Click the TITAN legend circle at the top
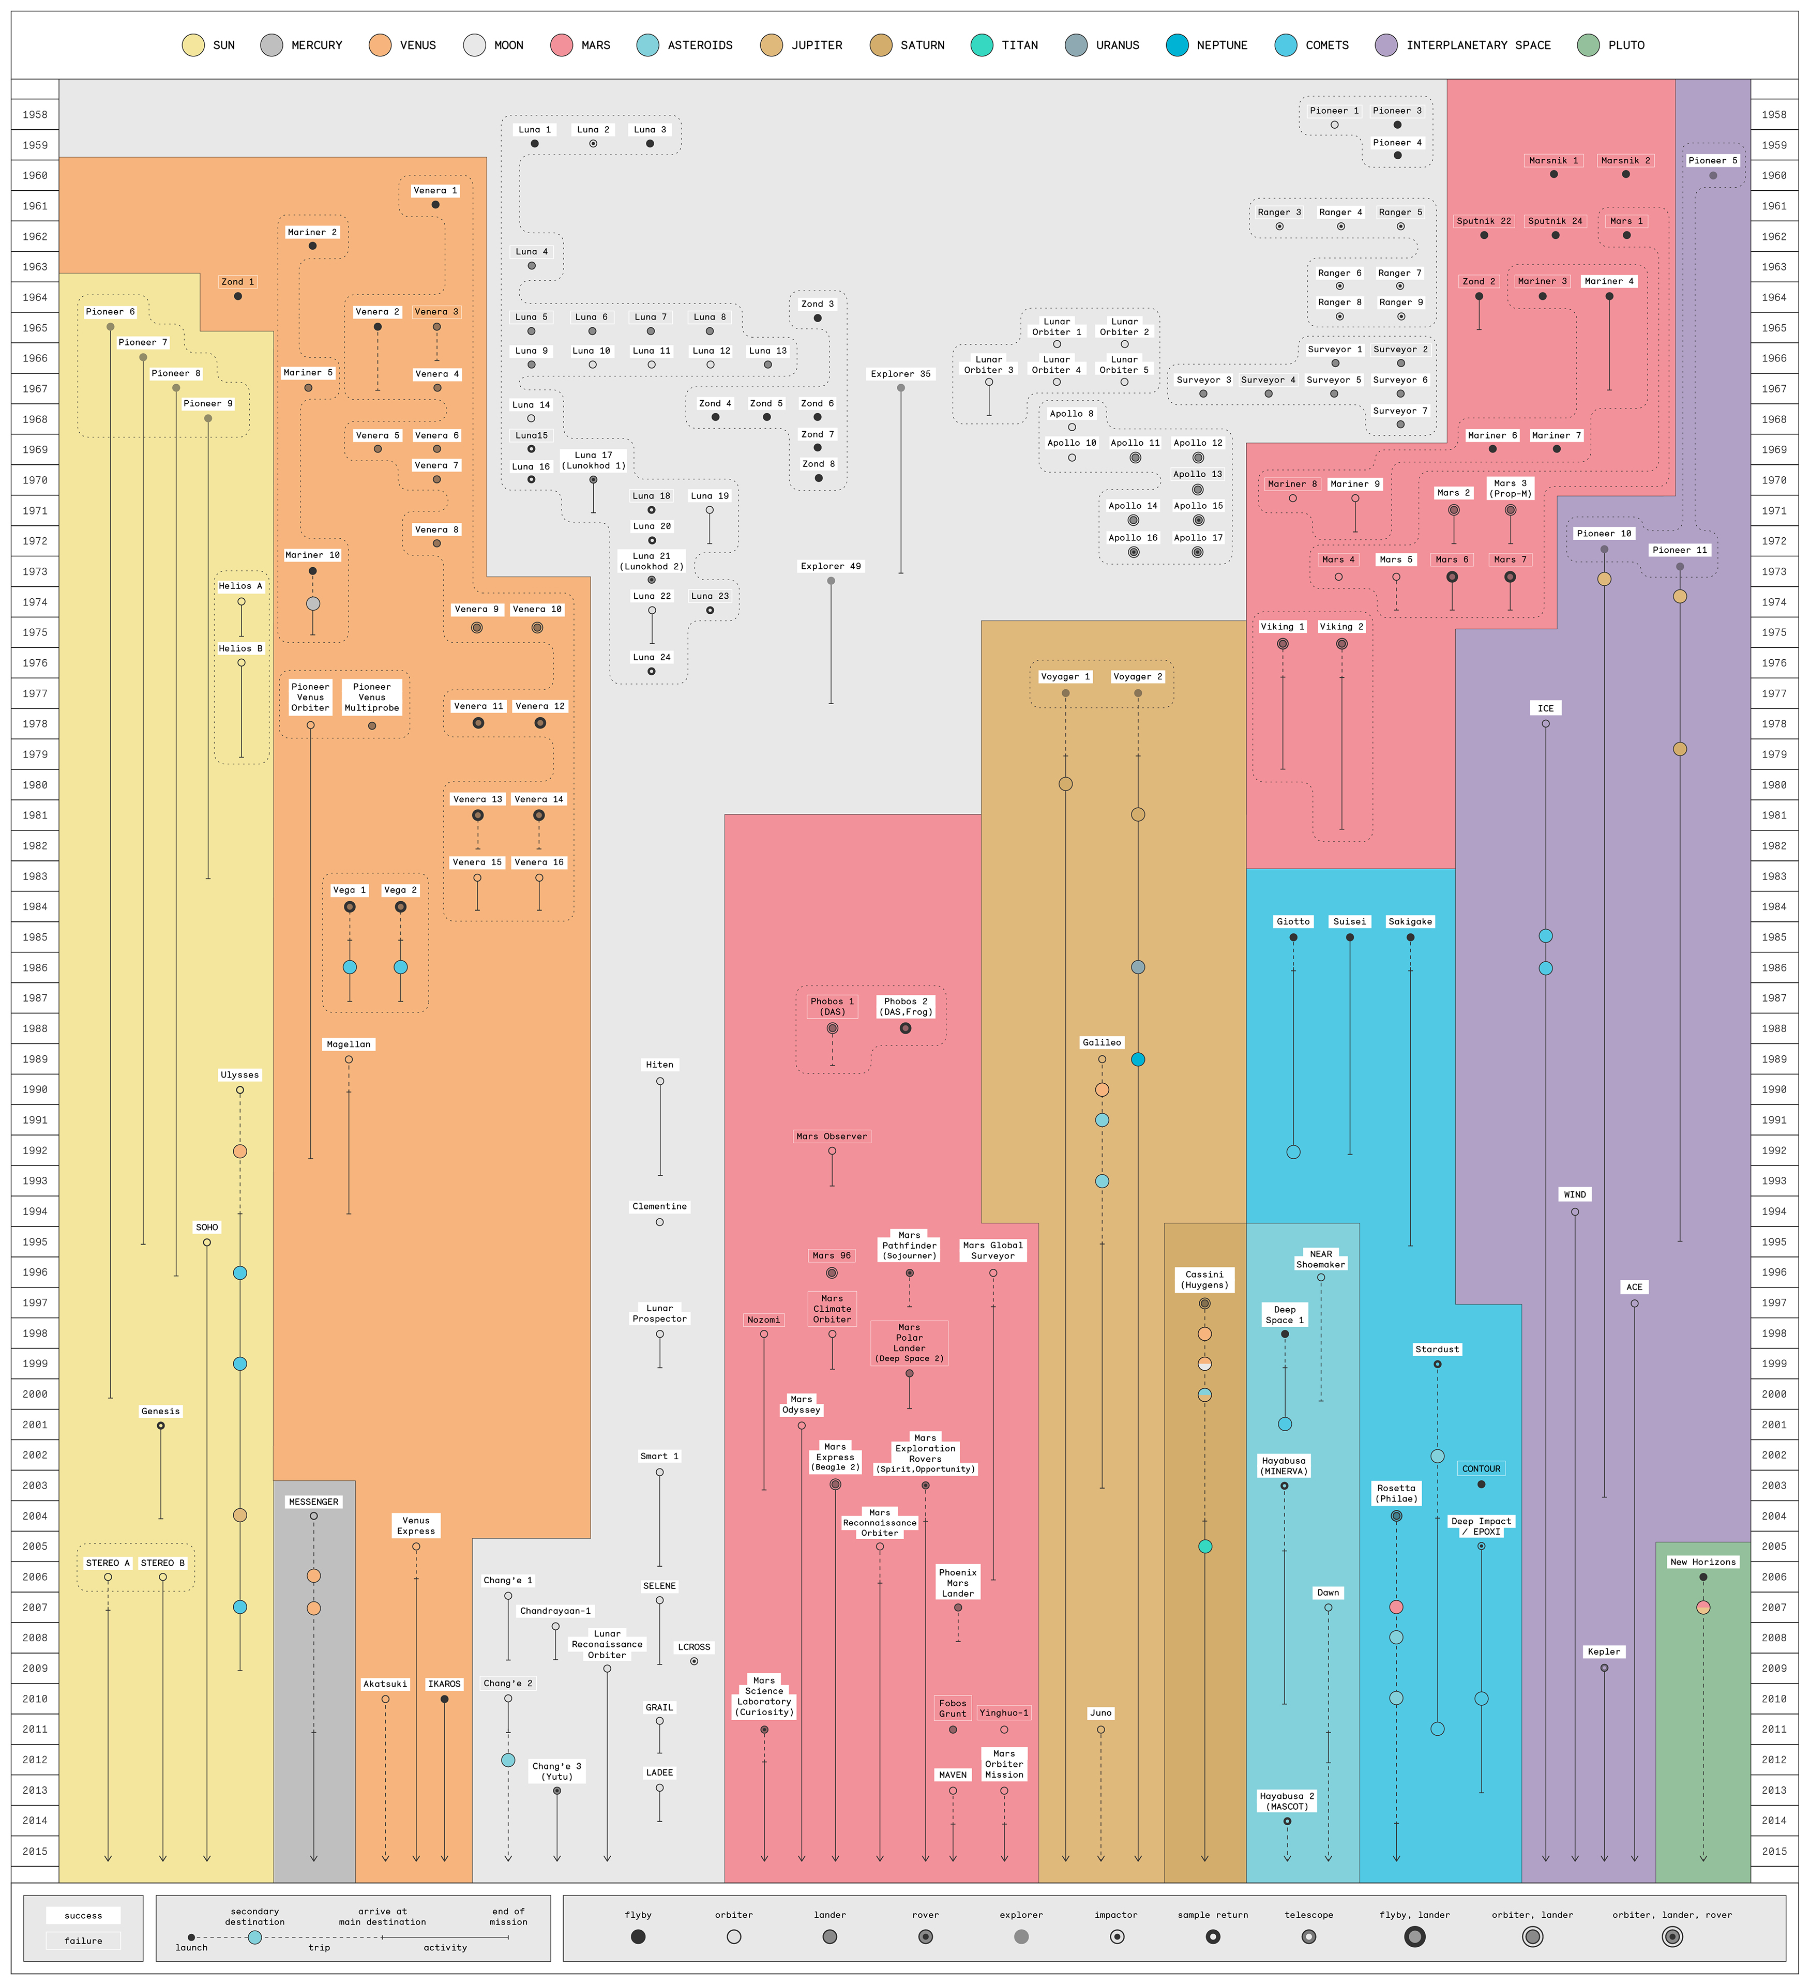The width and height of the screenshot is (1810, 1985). pyautogui.click(x=982, y=46)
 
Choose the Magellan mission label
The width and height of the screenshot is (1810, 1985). pyautogui.click(x=349, y=1044)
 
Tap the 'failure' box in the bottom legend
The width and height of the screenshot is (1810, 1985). pyautogui.click(x=84, y=1941)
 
